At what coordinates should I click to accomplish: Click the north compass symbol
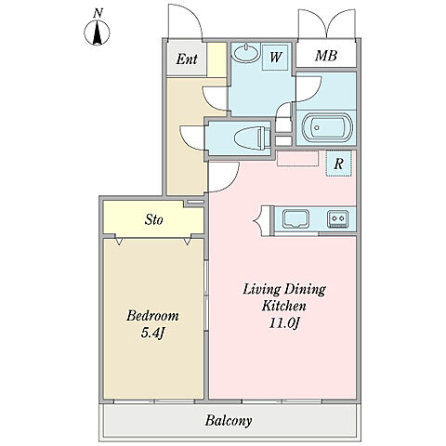click(x=97, y=33)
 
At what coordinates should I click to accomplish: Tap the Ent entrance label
click(x=187, y=59)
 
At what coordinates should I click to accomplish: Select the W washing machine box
click(x=275, y=58)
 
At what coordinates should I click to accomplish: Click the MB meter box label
click(x=326, y=56)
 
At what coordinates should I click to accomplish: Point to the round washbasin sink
click(x=247, y=53)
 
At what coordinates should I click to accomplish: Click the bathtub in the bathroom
click(x=327, y=127)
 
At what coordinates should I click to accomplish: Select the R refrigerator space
click(x=339, y=164)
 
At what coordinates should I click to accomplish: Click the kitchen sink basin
click(x=295, y=219)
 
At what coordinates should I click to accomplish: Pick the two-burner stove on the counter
click(x=338, y=218)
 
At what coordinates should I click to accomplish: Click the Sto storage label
click(x=153, y=219)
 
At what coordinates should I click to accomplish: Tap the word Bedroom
click(x=152, y=316)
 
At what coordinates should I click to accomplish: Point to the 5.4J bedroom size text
click(x=152, y=334)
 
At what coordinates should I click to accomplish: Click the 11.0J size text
click(x=284, y=323)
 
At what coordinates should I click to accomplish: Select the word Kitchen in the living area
click(x=284, y=306)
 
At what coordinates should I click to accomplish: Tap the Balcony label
click(x=229, y=421)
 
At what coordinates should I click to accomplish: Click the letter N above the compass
click(x=98, y=13)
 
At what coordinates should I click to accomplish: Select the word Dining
click(x=305, y=290)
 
